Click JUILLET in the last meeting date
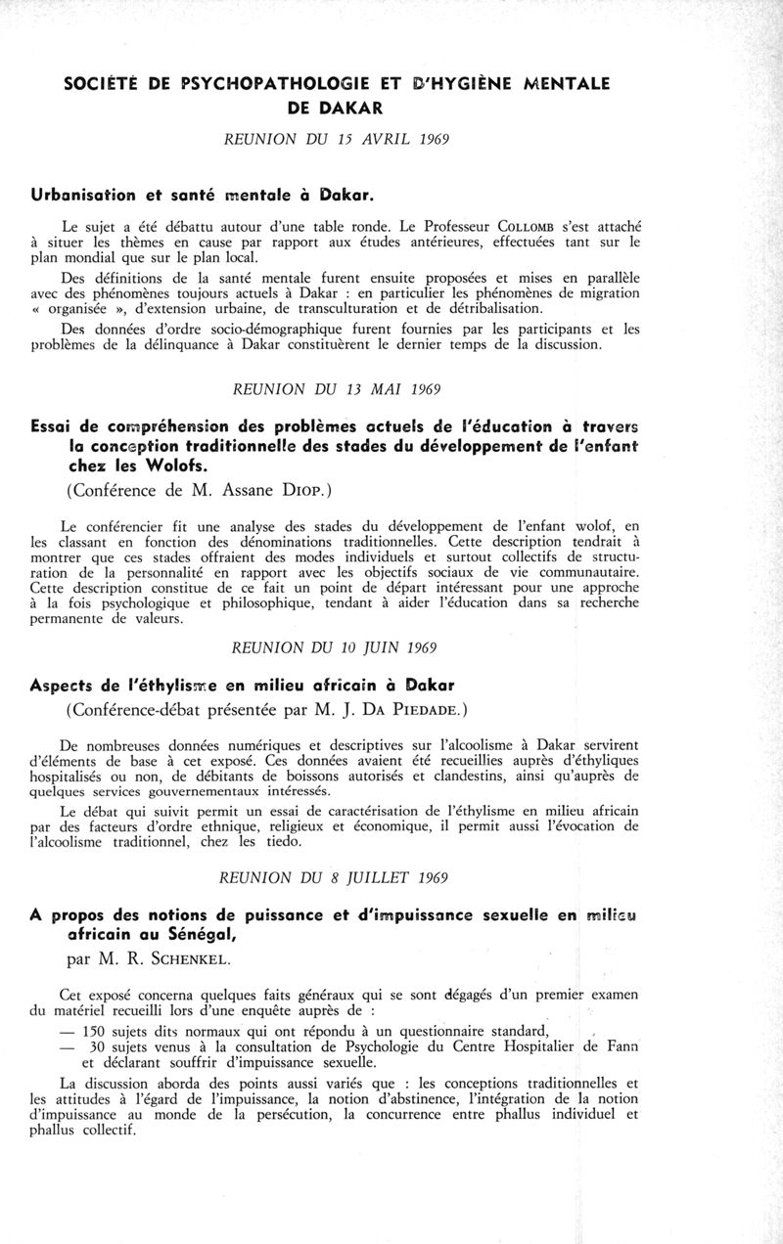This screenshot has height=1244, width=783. [382, 878]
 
